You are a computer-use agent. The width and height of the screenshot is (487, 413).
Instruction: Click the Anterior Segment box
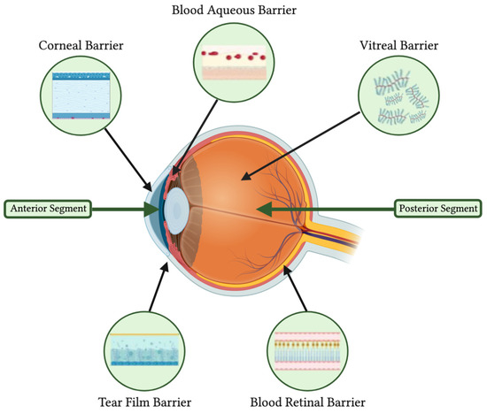[x=50, y=209]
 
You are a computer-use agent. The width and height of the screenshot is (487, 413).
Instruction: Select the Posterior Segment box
[x=437, y=209]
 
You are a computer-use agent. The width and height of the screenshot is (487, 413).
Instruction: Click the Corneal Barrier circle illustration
[x=79, y=95]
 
